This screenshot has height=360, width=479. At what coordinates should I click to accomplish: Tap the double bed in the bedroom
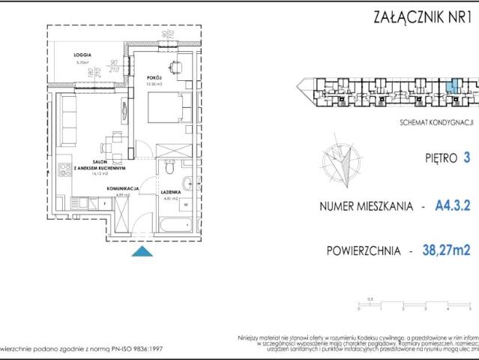pyautogui.click(x=164, y=112)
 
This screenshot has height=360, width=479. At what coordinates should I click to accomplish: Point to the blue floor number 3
pyautogui.click(x=468, y=157)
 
